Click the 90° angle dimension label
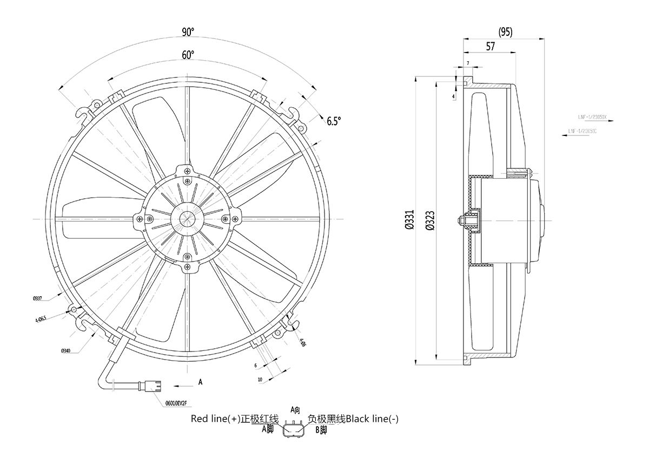coord(188,32)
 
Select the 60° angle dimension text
coord(188,55)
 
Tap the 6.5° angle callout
coord(334,121)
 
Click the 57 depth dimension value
coord(491,47)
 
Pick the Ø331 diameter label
coord(409,221)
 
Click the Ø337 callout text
coord(37,298)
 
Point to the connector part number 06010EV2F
coord(176,403)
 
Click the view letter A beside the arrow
coord(200,382)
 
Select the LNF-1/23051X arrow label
coord(593,117)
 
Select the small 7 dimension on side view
coord(468,64)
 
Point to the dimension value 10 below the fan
coord(260,380)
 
